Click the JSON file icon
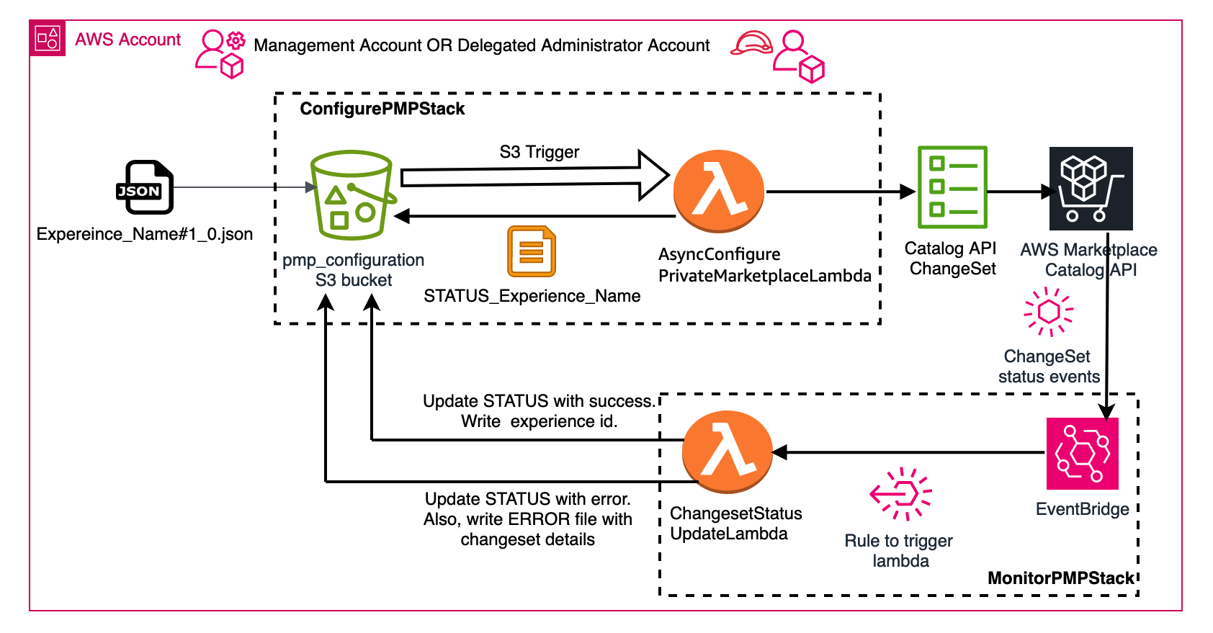146,187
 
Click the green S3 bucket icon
352,195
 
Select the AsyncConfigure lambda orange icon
718,191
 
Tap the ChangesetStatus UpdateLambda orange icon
728,452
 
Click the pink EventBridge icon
1082,454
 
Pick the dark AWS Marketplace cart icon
1091,189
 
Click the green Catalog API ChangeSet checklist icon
952,187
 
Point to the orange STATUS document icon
532,251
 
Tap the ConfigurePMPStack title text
382,109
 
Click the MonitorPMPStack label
1060,578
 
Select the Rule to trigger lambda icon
900,494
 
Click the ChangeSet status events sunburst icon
1049,312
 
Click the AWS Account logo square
48,38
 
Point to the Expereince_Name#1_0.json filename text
145,234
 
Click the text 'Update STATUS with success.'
539,401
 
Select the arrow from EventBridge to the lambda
908,452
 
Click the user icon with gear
220,53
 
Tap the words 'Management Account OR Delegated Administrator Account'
481,45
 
